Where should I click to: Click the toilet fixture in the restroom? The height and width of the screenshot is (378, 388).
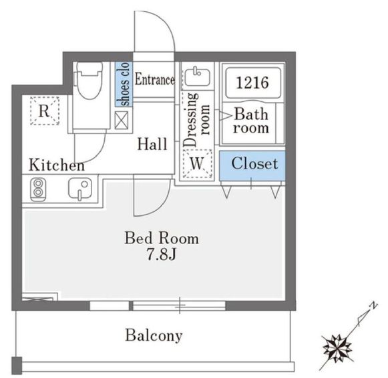point(87,81)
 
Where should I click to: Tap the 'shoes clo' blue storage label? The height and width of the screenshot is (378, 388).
point(124,83)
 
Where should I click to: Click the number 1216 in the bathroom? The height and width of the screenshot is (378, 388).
point(252,83)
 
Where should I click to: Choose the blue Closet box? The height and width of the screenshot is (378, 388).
point(254,163)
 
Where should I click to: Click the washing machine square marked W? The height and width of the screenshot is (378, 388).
point(197,162)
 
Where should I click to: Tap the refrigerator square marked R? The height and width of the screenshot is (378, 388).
point(44,111)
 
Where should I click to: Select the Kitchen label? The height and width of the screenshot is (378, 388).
point(56,165)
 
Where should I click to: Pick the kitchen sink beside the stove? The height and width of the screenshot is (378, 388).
point(79,190)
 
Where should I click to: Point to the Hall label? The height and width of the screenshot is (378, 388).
point(152,143)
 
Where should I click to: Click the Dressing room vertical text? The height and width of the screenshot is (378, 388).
point(197,120)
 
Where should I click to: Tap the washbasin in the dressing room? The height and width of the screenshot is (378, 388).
point(196,77)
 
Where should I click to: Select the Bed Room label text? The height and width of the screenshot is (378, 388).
point(162,237)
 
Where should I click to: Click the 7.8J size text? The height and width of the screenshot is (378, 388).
point(162,255)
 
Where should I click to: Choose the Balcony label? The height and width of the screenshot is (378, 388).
point(154,335)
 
